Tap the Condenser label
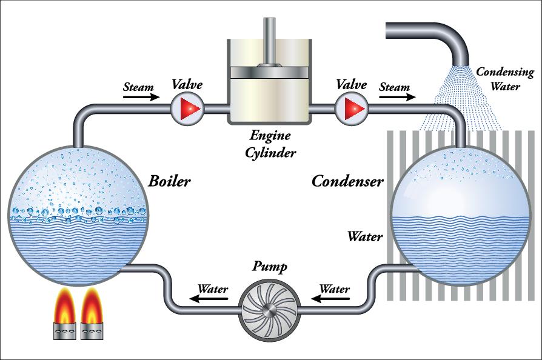coord(347,181)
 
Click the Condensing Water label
coord(504,79)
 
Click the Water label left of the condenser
coord(364,236)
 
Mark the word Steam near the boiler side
coord(138,87)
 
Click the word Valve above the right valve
coord(352,85)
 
